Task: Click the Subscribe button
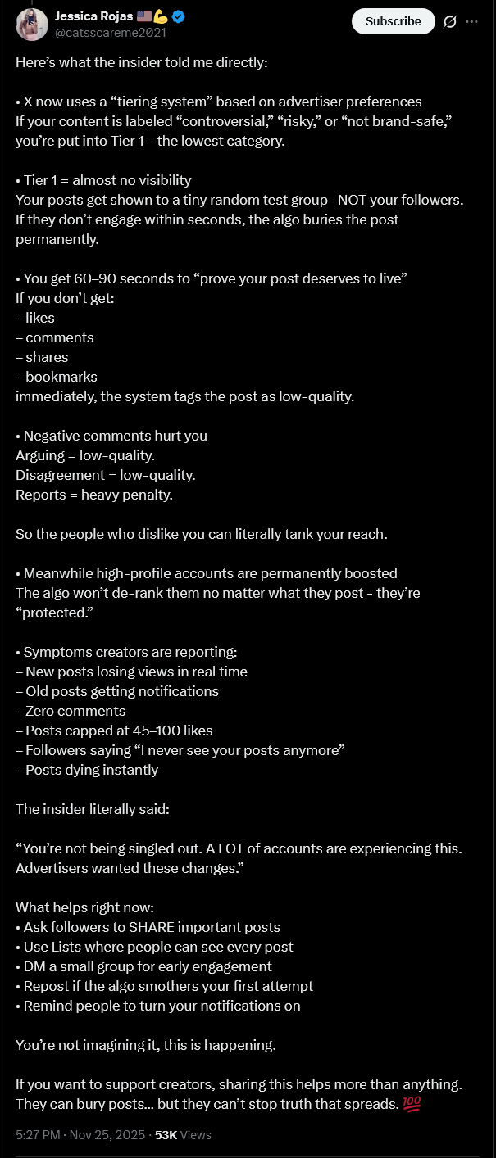click(x=393, y=21)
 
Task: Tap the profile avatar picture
click(x=31, y=25)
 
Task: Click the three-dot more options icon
click(x=471, y=21)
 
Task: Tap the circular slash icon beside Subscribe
click(x=449, y=22)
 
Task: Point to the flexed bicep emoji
click(x=161, y=16)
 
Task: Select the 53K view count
click(x=166, y=1135)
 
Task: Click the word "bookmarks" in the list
click(x=61, y=377)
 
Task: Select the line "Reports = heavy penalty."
click(x=94, y=495)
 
